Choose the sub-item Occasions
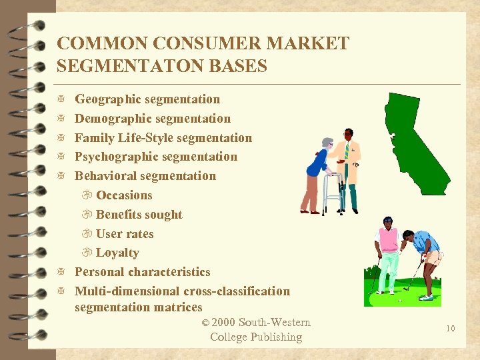pos(124,195)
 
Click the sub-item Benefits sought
pos(139,215)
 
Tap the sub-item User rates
pos(125,234)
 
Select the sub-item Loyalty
pos(117,253)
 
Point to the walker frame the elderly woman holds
pos(332,194)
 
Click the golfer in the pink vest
pos(387,253)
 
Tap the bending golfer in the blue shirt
pos(423,257)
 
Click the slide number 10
pos(450,328)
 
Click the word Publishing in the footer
pos(275,337)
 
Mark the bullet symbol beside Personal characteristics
pos(61,272)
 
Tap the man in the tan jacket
pos(347,167)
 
